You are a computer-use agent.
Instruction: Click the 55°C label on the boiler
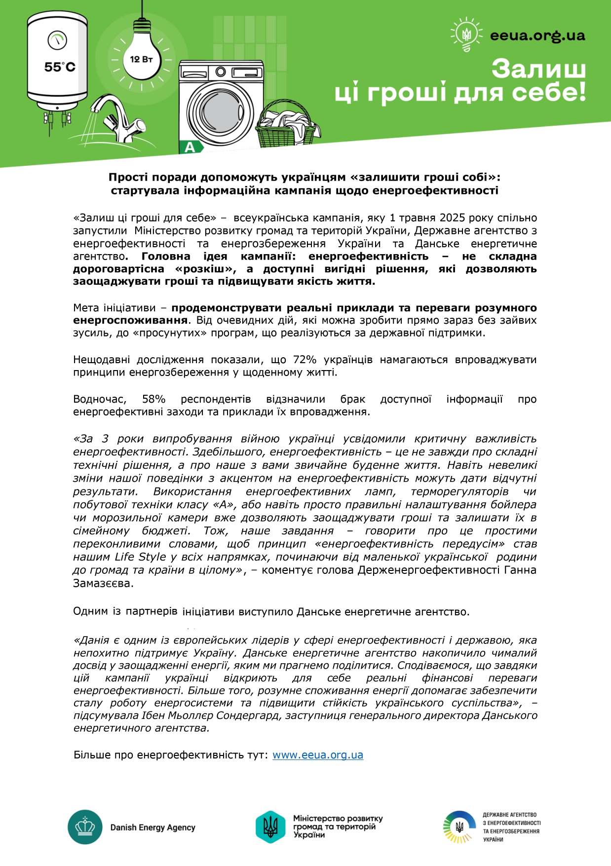[x=60, y=67]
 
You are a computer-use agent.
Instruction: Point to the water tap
[x=118, y=118]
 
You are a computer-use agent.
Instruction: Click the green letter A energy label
[x=190, y=147]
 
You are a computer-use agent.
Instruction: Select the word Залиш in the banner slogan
[x=538, y=69]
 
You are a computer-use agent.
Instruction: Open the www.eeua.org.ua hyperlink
[x=318, y=755]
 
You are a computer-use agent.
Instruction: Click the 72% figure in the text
[x=305, y=360]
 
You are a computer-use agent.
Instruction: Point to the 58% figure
[x=153, y=399]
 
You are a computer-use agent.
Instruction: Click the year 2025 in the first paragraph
[x=453, y=218]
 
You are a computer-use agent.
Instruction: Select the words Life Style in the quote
[x=140, y=557]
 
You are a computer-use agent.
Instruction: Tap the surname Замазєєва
[x=103, y=583]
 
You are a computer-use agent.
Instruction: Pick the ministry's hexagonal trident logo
[x=270, y=827]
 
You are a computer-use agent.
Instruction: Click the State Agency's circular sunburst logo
[x=459, y=827]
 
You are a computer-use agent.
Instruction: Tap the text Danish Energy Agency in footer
[x=153, y=828]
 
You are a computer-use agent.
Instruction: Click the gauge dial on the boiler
[x=57, y=40]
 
